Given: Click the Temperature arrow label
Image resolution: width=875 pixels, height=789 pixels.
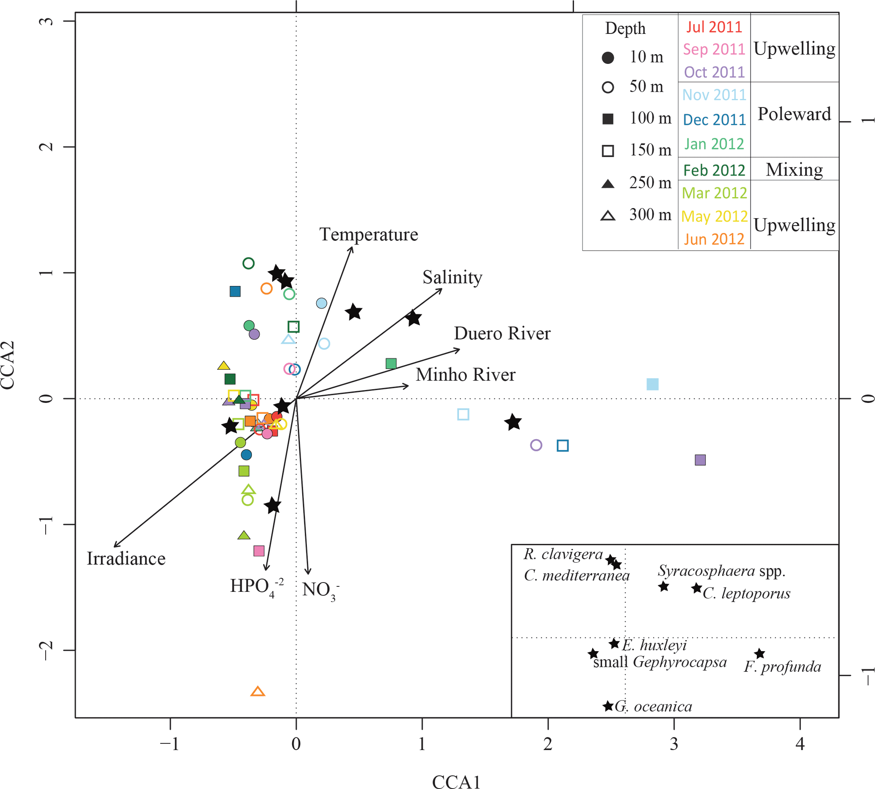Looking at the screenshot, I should coord(368,234).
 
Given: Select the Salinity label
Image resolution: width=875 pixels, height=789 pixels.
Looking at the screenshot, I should coord(452,278).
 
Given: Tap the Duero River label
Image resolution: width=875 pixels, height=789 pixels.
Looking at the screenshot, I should coord(502,333).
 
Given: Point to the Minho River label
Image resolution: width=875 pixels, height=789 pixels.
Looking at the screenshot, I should coord(465,374).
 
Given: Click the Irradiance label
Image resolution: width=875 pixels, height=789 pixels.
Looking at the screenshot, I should coord(126,558).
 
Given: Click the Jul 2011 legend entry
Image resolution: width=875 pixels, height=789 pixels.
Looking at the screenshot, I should coord(714,27).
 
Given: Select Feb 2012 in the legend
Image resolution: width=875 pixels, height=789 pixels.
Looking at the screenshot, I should coord(714,170).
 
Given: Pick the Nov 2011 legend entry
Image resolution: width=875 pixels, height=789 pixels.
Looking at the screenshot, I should coord(714,94).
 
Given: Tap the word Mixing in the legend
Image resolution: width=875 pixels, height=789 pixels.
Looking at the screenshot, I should coord(794,170).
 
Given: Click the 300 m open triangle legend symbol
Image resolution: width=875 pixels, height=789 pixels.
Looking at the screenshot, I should coord(608,215).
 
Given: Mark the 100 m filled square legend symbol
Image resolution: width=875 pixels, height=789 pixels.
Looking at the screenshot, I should coord(608,119).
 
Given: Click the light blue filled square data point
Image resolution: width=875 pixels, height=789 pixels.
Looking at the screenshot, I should coord(652,384).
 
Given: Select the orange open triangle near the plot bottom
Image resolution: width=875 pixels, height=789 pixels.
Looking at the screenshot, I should coord(258,691).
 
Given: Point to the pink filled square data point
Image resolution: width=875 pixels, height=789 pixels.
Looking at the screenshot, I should coord(259,551).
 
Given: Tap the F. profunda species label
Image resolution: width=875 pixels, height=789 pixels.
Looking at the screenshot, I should coord(782,666).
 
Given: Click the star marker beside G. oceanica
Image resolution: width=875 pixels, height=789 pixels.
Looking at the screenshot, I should coord(608,706).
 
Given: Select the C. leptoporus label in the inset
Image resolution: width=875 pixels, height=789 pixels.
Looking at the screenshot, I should coord(746,593).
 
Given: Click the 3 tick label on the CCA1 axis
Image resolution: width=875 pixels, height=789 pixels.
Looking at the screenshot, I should coord(674,744).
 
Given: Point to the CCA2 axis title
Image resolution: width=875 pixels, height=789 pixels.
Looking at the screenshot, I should coord(8,365).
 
